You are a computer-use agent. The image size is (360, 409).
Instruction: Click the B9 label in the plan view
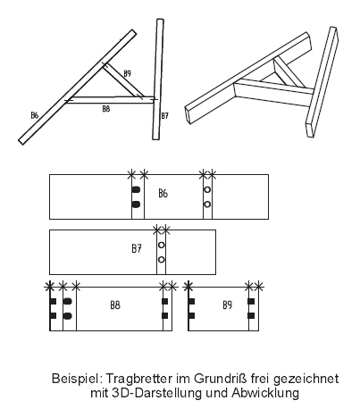tap(127, 73)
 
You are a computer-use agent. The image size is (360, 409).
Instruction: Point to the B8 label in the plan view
tap(106, 109)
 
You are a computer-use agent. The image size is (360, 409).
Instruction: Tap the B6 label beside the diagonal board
tap(35, 115)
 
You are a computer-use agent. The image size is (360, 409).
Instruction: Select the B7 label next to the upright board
tap(164, 116)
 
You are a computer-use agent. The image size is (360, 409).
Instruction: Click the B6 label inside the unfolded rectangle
tap(163, 194)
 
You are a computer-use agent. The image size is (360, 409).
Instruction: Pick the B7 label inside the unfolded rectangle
tap(137, 248)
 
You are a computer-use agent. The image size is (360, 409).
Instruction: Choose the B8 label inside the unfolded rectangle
tap(115, 305)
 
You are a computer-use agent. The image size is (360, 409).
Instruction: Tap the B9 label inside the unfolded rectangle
tap(227, 305)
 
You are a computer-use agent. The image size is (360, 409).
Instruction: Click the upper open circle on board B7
tap(162, 245)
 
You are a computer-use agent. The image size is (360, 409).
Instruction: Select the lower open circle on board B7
tap(162, 260)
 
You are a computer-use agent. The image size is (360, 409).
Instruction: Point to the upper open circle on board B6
tap(207, 189)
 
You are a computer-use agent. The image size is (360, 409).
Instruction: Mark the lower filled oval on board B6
tap(136, 204)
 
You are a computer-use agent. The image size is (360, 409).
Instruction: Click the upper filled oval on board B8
tap(68, 301)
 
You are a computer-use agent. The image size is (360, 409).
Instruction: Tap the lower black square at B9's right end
tap(251, 316)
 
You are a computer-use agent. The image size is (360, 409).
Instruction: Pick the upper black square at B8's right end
tap(164, 302)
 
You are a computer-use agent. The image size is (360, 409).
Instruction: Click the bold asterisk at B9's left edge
tap(188, 287)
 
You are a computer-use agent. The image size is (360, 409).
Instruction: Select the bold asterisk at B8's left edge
tap(49, 287)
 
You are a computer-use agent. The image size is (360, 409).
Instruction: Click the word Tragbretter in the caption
tap(138, 379)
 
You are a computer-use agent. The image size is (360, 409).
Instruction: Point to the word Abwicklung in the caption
tap(265, 393)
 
